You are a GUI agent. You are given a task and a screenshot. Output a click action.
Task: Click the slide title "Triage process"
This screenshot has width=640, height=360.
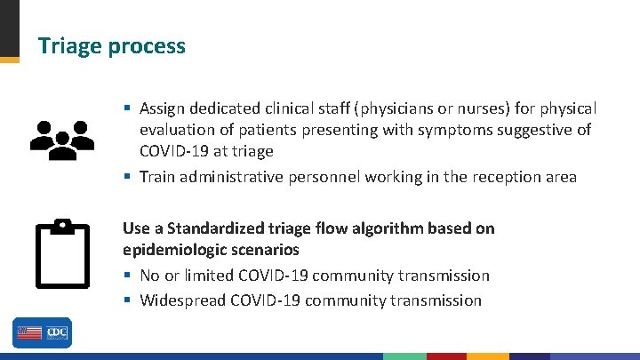pyautogui.click(x=111, y=46)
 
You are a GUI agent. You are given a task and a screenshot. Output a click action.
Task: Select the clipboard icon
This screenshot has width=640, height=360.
pyautogui.click(x=62, y=253)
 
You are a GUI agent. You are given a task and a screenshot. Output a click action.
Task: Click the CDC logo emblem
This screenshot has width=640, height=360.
pyautogui.click(x=57, y=332)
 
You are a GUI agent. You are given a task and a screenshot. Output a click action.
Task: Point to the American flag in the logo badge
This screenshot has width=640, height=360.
pyautogui.click(x=29, y=332)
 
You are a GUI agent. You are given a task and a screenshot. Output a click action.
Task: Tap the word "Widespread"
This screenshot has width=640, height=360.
pyautogui.click(x=182, y=300)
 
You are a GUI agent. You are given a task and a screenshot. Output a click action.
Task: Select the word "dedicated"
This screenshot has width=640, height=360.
pyautogui.click(x=226, y=108)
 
